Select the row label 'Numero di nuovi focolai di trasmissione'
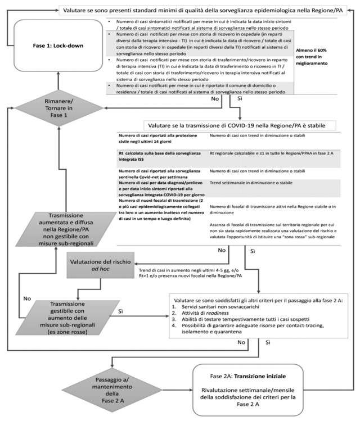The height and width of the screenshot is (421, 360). [160, 201]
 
